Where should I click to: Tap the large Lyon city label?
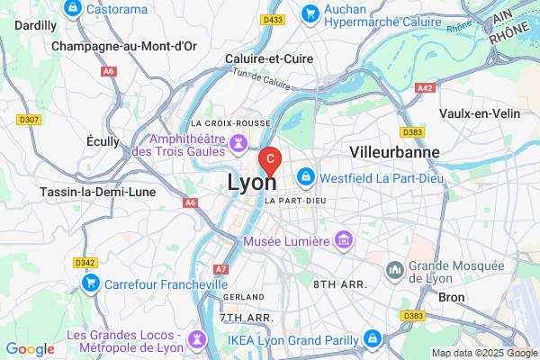252,182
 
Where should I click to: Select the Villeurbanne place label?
395,151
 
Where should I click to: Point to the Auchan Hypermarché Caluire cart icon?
310,13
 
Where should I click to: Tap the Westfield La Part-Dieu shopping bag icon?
306,175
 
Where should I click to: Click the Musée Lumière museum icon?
343,240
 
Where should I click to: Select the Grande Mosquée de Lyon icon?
395,270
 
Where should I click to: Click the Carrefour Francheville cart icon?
90,283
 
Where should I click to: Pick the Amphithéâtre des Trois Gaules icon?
238,142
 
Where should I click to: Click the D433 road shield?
273,19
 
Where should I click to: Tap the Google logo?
30,349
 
